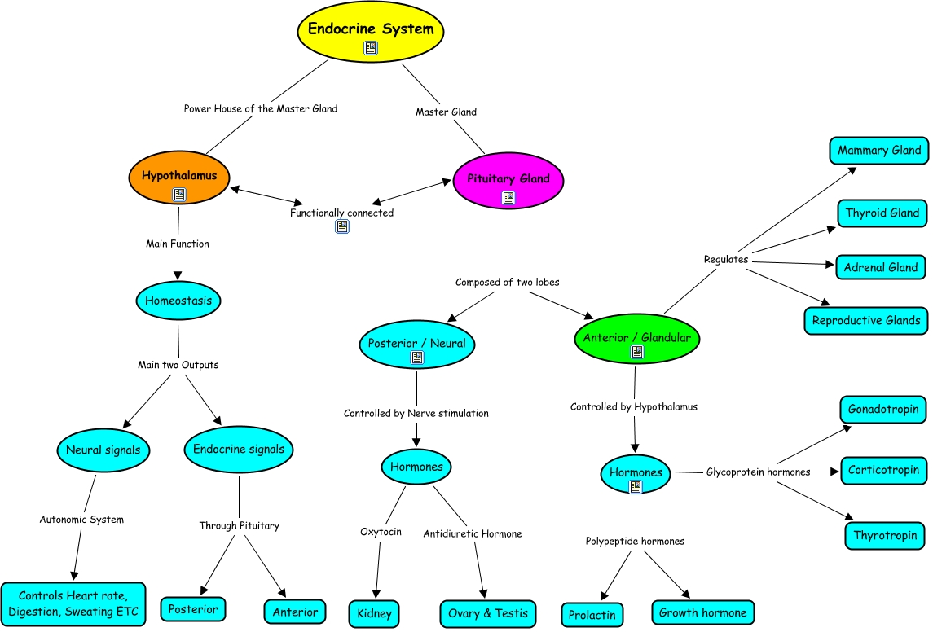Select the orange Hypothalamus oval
point(179,176)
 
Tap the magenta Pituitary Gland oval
point(508,179)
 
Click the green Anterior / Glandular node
point(637,338)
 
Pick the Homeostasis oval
point(178,301)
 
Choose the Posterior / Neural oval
point(416,344)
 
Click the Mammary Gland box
point(879,151)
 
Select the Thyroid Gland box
point(882,213)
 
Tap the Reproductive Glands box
point(867,320)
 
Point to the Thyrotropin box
point(885,536)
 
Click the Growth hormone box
point(702,612)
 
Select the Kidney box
point(375,613)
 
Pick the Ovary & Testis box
point(488,613)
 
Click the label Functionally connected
point(341,213)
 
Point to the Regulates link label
point(725,259)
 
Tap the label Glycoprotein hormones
point(758,472)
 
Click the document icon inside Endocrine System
point(371,49)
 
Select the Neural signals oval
point(103,450)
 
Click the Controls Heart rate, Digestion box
point(74,603)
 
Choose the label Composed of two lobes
point(507,282)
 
